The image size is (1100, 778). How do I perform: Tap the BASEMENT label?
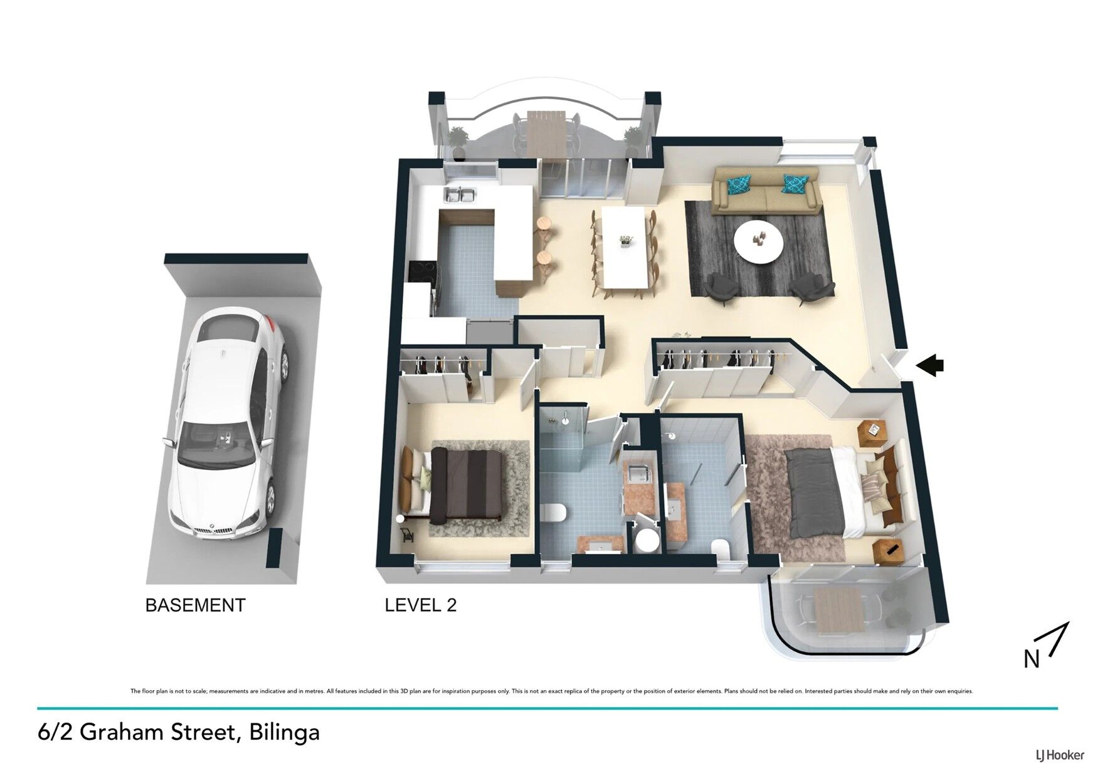pyautogui.click(x=195, y=605)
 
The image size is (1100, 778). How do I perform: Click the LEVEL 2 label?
pyautogui.click(x=421, y=605)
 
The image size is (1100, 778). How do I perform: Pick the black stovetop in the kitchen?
pyautogui.click(x=420, y=272)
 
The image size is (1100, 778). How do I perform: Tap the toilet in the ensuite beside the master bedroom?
pyautogui.click(x=719, y=549)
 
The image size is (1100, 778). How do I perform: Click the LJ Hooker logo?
pyautogui.click(x=1060, y=755)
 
